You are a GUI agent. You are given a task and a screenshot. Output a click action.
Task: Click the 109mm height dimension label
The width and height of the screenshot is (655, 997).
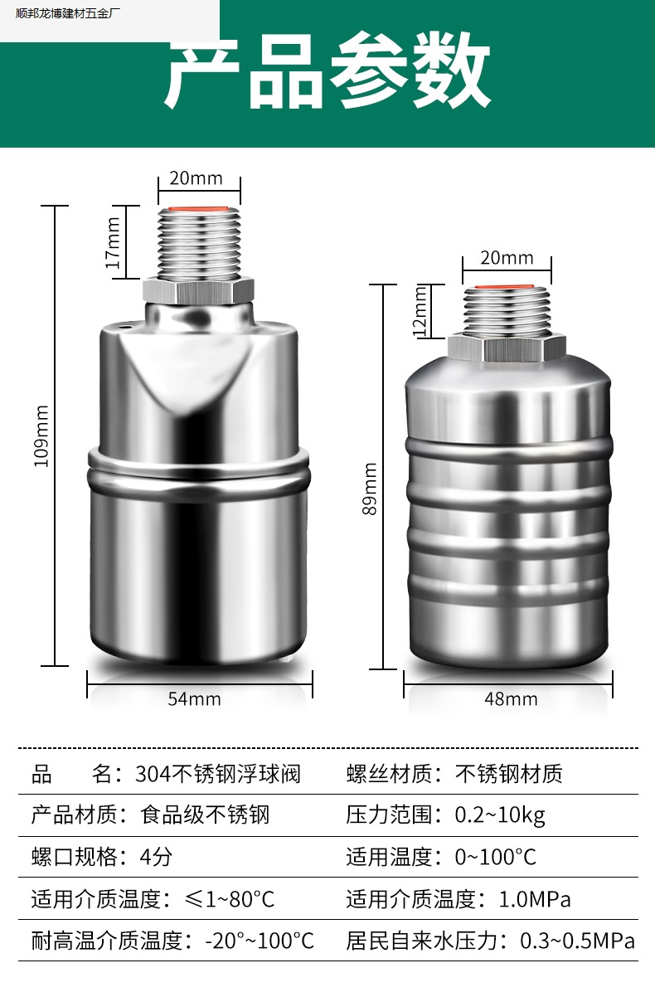tap(41, 436)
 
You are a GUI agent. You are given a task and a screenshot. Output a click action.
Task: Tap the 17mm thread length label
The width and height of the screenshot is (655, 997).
tap(113, 243)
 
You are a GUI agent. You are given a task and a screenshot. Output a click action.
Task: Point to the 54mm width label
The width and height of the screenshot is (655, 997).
tap(195, 699)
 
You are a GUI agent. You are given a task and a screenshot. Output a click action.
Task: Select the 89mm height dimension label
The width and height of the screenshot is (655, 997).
tap(370, 489)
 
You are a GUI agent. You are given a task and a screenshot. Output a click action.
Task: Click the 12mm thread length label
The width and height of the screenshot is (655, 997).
tap(420, 311)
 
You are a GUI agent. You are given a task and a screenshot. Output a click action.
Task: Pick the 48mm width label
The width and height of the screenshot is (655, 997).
tap(512, 699)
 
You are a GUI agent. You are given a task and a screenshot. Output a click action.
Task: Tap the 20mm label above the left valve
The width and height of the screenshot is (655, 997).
tap(196, 178)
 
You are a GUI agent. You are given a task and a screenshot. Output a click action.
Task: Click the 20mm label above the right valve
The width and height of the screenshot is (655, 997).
tap(507, 258)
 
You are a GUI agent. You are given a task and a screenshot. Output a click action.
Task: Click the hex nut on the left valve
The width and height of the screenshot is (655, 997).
tap(198, 291)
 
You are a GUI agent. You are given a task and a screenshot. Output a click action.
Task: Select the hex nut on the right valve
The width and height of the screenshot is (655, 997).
tap(507, 348)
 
